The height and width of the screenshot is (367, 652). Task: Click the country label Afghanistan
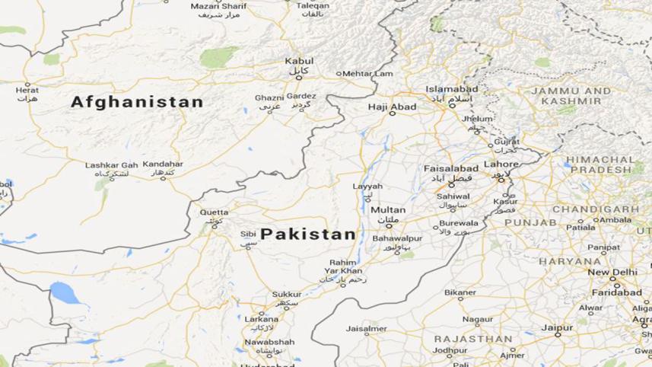pos(137,102)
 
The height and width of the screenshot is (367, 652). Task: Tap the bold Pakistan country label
pos(307,234)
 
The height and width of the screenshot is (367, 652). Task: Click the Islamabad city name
pos(452,89)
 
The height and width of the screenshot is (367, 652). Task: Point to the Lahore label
pos(501,164)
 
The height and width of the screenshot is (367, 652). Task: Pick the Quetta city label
pos(213,212)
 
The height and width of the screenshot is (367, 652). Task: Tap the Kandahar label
pos(162,164)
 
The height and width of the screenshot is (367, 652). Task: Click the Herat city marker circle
pos(27,83)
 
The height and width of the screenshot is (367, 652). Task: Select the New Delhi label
pos(612,273)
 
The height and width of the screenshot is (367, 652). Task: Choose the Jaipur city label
pos(557,327)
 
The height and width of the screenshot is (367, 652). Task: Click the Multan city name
pos(388,209)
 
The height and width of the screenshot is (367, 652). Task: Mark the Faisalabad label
pos(452,168)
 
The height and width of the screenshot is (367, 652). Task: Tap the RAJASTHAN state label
pos(472,338)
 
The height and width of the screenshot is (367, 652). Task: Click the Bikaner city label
pos(460,292)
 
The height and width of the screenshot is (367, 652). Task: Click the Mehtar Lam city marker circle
pos(339,74)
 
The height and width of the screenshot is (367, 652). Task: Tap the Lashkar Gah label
pos(111,164)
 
